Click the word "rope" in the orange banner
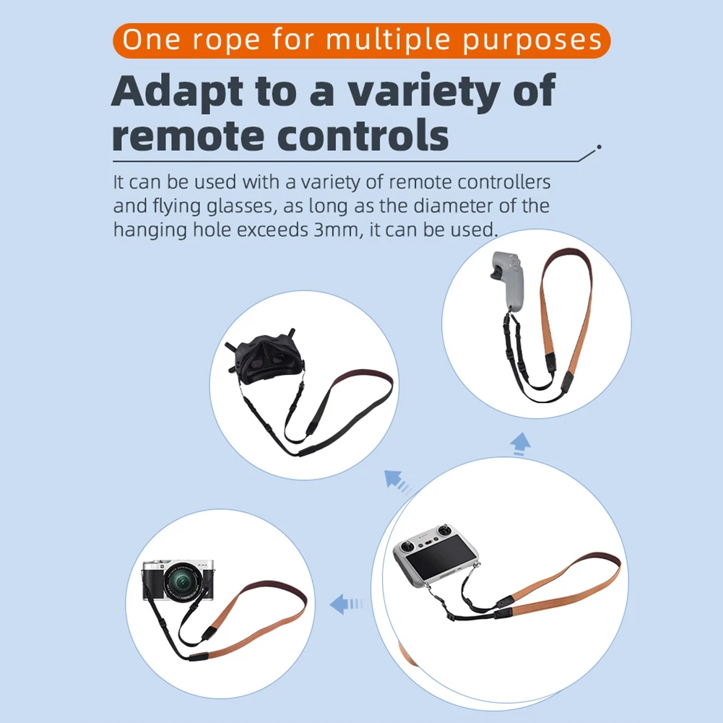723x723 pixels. [x=226, y=40]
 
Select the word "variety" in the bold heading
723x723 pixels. [x=424, y=91]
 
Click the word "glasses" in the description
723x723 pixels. [x=241, y=207]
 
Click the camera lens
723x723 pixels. [x=183, y=583]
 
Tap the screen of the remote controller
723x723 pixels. [x=442, y=559]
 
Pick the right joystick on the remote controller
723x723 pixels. [x=443, y=531]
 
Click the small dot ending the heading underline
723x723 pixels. [x=599, y=147]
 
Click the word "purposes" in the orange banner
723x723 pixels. [x=532, y=40]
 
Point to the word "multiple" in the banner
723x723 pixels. [x=388, y=40]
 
